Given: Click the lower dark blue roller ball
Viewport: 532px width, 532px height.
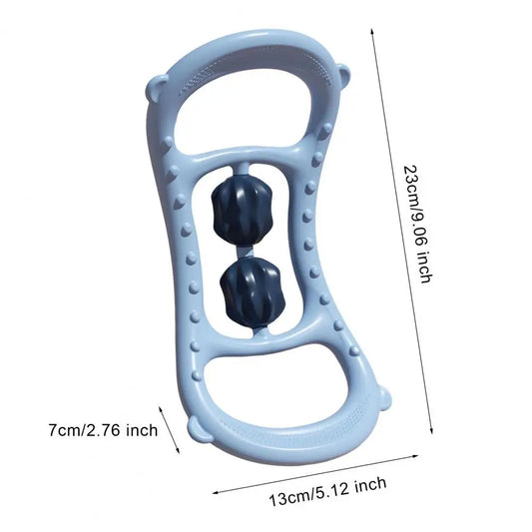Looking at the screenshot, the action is point(252,291).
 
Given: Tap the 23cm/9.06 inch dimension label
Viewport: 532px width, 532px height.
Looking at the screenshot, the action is point(417,224).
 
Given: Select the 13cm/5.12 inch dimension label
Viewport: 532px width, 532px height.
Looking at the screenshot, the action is point(327,491).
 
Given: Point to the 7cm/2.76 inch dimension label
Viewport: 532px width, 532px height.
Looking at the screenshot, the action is point(103,430).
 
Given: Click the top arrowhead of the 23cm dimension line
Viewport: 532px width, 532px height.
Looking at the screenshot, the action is point(372,31).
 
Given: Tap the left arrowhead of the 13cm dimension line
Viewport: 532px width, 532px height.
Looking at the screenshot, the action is point(216,493).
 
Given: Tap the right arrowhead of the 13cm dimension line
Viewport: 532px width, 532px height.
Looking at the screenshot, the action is point(415,456).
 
